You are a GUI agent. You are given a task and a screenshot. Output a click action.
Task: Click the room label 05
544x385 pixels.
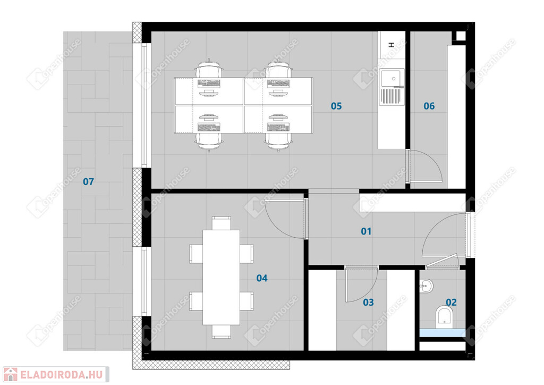coord(336,106)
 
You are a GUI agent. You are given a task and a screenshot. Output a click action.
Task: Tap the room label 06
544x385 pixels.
coord(429,106)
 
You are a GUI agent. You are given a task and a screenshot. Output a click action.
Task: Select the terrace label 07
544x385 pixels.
coord(89,181)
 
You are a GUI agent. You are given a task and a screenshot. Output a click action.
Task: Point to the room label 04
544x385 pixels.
coord(262,278)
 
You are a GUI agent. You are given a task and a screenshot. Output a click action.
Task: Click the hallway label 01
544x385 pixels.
coord(366,231)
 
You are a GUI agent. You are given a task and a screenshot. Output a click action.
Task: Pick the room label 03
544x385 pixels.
coord(368,303)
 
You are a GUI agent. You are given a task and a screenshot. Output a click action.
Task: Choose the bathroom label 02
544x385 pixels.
coord(451,303)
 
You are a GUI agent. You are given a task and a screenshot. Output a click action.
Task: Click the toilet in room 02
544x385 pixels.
coord(445,316)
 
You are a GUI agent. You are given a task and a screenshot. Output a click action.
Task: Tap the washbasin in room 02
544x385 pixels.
coord(427,287)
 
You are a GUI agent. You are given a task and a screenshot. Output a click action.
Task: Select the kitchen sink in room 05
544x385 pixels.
coord(392,87)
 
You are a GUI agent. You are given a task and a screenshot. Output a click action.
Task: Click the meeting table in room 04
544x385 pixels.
coord(222,278)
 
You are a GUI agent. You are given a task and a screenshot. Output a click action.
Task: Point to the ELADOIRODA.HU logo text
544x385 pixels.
coord(62,375)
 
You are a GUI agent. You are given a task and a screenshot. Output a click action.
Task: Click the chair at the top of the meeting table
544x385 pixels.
coord(222,223)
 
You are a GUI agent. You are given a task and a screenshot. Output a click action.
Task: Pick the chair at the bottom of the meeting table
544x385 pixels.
coord(222,331)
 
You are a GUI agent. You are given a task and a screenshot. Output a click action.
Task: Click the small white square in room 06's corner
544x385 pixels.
coord(461,36)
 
